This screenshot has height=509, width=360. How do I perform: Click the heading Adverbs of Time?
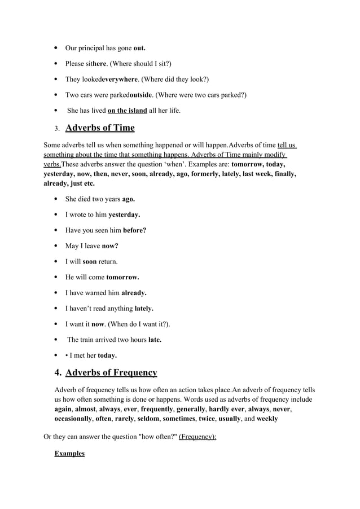click(x=100, y=128)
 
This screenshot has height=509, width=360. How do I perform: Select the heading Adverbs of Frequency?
click(x=111, y=372)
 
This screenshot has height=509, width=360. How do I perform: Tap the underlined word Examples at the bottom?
click(x=69, y=453)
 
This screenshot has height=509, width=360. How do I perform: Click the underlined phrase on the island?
click(x=127, y=111)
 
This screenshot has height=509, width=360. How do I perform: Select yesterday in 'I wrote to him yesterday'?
click(x=124, y=215)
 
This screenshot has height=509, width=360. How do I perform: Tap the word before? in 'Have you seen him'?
click(x=134, y=230)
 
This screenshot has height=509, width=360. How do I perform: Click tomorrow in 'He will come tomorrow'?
click(x=122, y=277)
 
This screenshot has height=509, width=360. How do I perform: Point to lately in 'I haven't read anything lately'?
click(x=144, y=309)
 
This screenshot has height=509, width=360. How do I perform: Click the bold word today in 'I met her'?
click(x=107, y=356)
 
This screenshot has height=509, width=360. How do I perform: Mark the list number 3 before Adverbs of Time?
click(x=57, y=129)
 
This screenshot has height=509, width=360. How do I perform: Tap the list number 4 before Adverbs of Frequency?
click(x=58, y=373)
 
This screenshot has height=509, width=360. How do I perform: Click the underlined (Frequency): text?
click(x=197, y=437)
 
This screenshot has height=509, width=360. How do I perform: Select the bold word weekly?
click(x=267, y=419)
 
